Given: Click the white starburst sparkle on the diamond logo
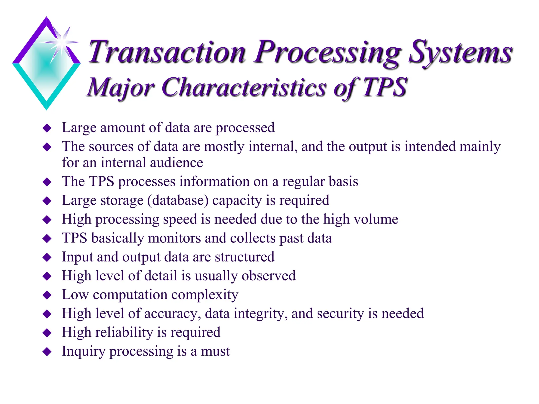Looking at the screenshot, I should click(62, 42).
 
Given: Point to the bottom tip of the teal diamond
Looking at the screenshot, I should click(47, 108).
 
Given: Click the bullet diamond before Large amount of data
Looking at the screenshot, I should click(47, 128).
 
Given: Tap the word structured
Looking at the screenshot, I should click(244, 257).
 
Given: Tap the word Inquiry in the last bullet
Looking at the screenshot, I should click(83, 351).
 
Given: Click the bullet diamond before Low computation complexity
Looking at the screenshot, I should click(47, 295).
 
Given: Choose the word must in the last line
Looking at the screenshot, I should click(215, 351).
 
